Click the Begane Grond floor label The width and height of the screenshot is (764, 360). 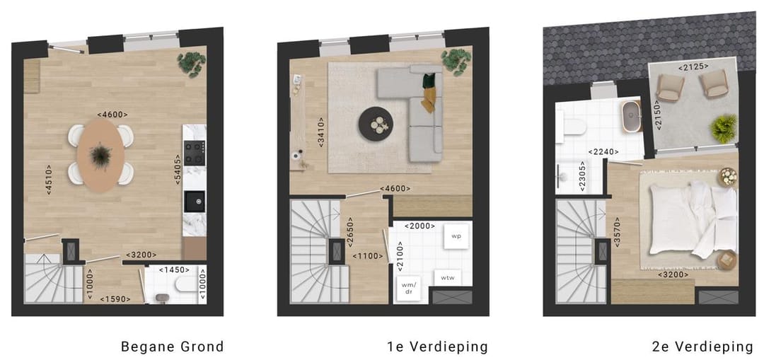tap(172, 347)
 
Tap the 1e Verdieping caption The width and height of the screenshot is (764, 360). tap(437, 347)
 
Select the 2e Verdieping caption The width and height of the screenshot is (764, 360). tap(702, 347)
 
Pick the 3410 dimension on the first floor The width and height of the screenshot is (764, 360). tap(322, 132)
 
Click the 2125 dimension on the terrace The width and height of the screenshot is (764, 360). tap(693, 67)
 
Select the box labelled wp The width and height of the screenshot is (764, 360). tap(456, 236)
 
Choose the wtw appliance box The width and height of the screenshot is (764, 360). tap(448, 278)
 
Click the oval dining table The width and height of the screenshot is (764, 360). tap(101, 154)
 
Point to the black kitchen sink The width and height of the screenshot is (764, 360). tap(194, 202)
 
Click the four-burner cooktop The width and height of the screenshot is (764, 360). tap(194, 153)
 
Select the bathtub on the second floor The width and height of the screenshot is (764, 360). tap(630, 117)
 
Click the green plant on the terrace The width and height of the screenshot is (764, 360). tap(724, 129)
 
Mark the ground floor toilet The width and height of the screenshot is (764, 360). tap(186, 285)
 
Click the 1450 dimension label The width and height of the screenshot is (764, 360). tap(173, 269)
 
